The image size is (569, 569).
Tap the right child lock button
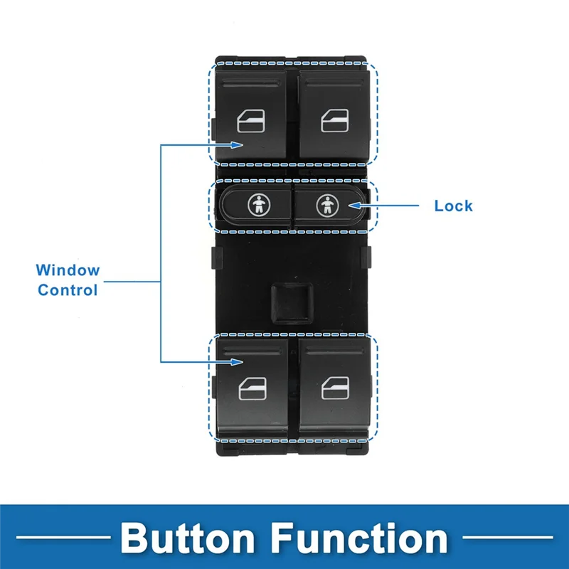327,205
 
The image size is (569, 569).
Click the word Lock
453,206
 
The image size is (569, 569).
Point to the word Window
68,270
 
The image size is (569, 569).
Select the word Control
68,289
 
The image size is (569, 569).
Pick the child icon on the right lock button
326,205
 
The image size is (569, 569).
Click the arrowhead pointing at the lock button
352,206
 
